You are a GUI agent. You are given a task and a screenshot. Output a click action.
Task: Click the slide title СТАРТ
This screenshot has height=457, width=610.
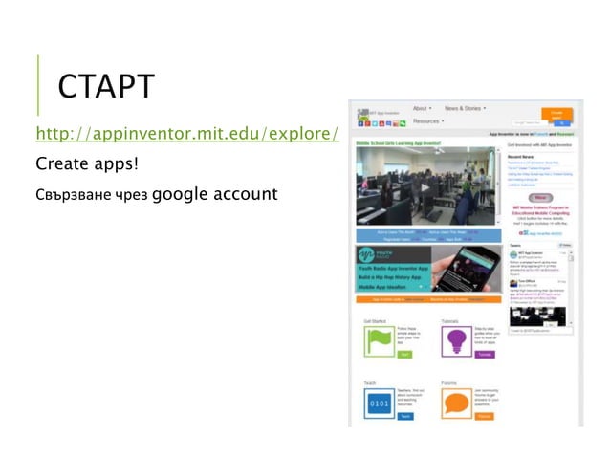click(x=105, y=86)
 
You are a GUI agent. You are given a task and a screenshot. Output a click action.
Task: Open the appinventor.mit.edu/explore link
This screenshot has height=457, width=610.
click(x=187, y=132)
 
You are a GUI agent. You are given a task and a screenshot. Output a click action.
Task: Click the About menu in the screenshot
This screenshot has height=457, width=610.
click(x=422, y=109)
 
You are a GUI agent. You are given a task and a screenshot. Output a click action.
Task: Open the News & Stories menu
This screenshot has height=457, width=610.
click(x=465, y=109)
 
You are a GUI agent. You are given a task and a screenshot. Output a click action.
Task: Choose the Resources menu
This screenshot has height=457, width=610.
click(x=428, y=121)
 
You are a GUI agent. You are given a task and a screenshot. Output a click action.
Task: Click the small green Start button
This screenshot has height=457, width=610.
click(x=404, y=354)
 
